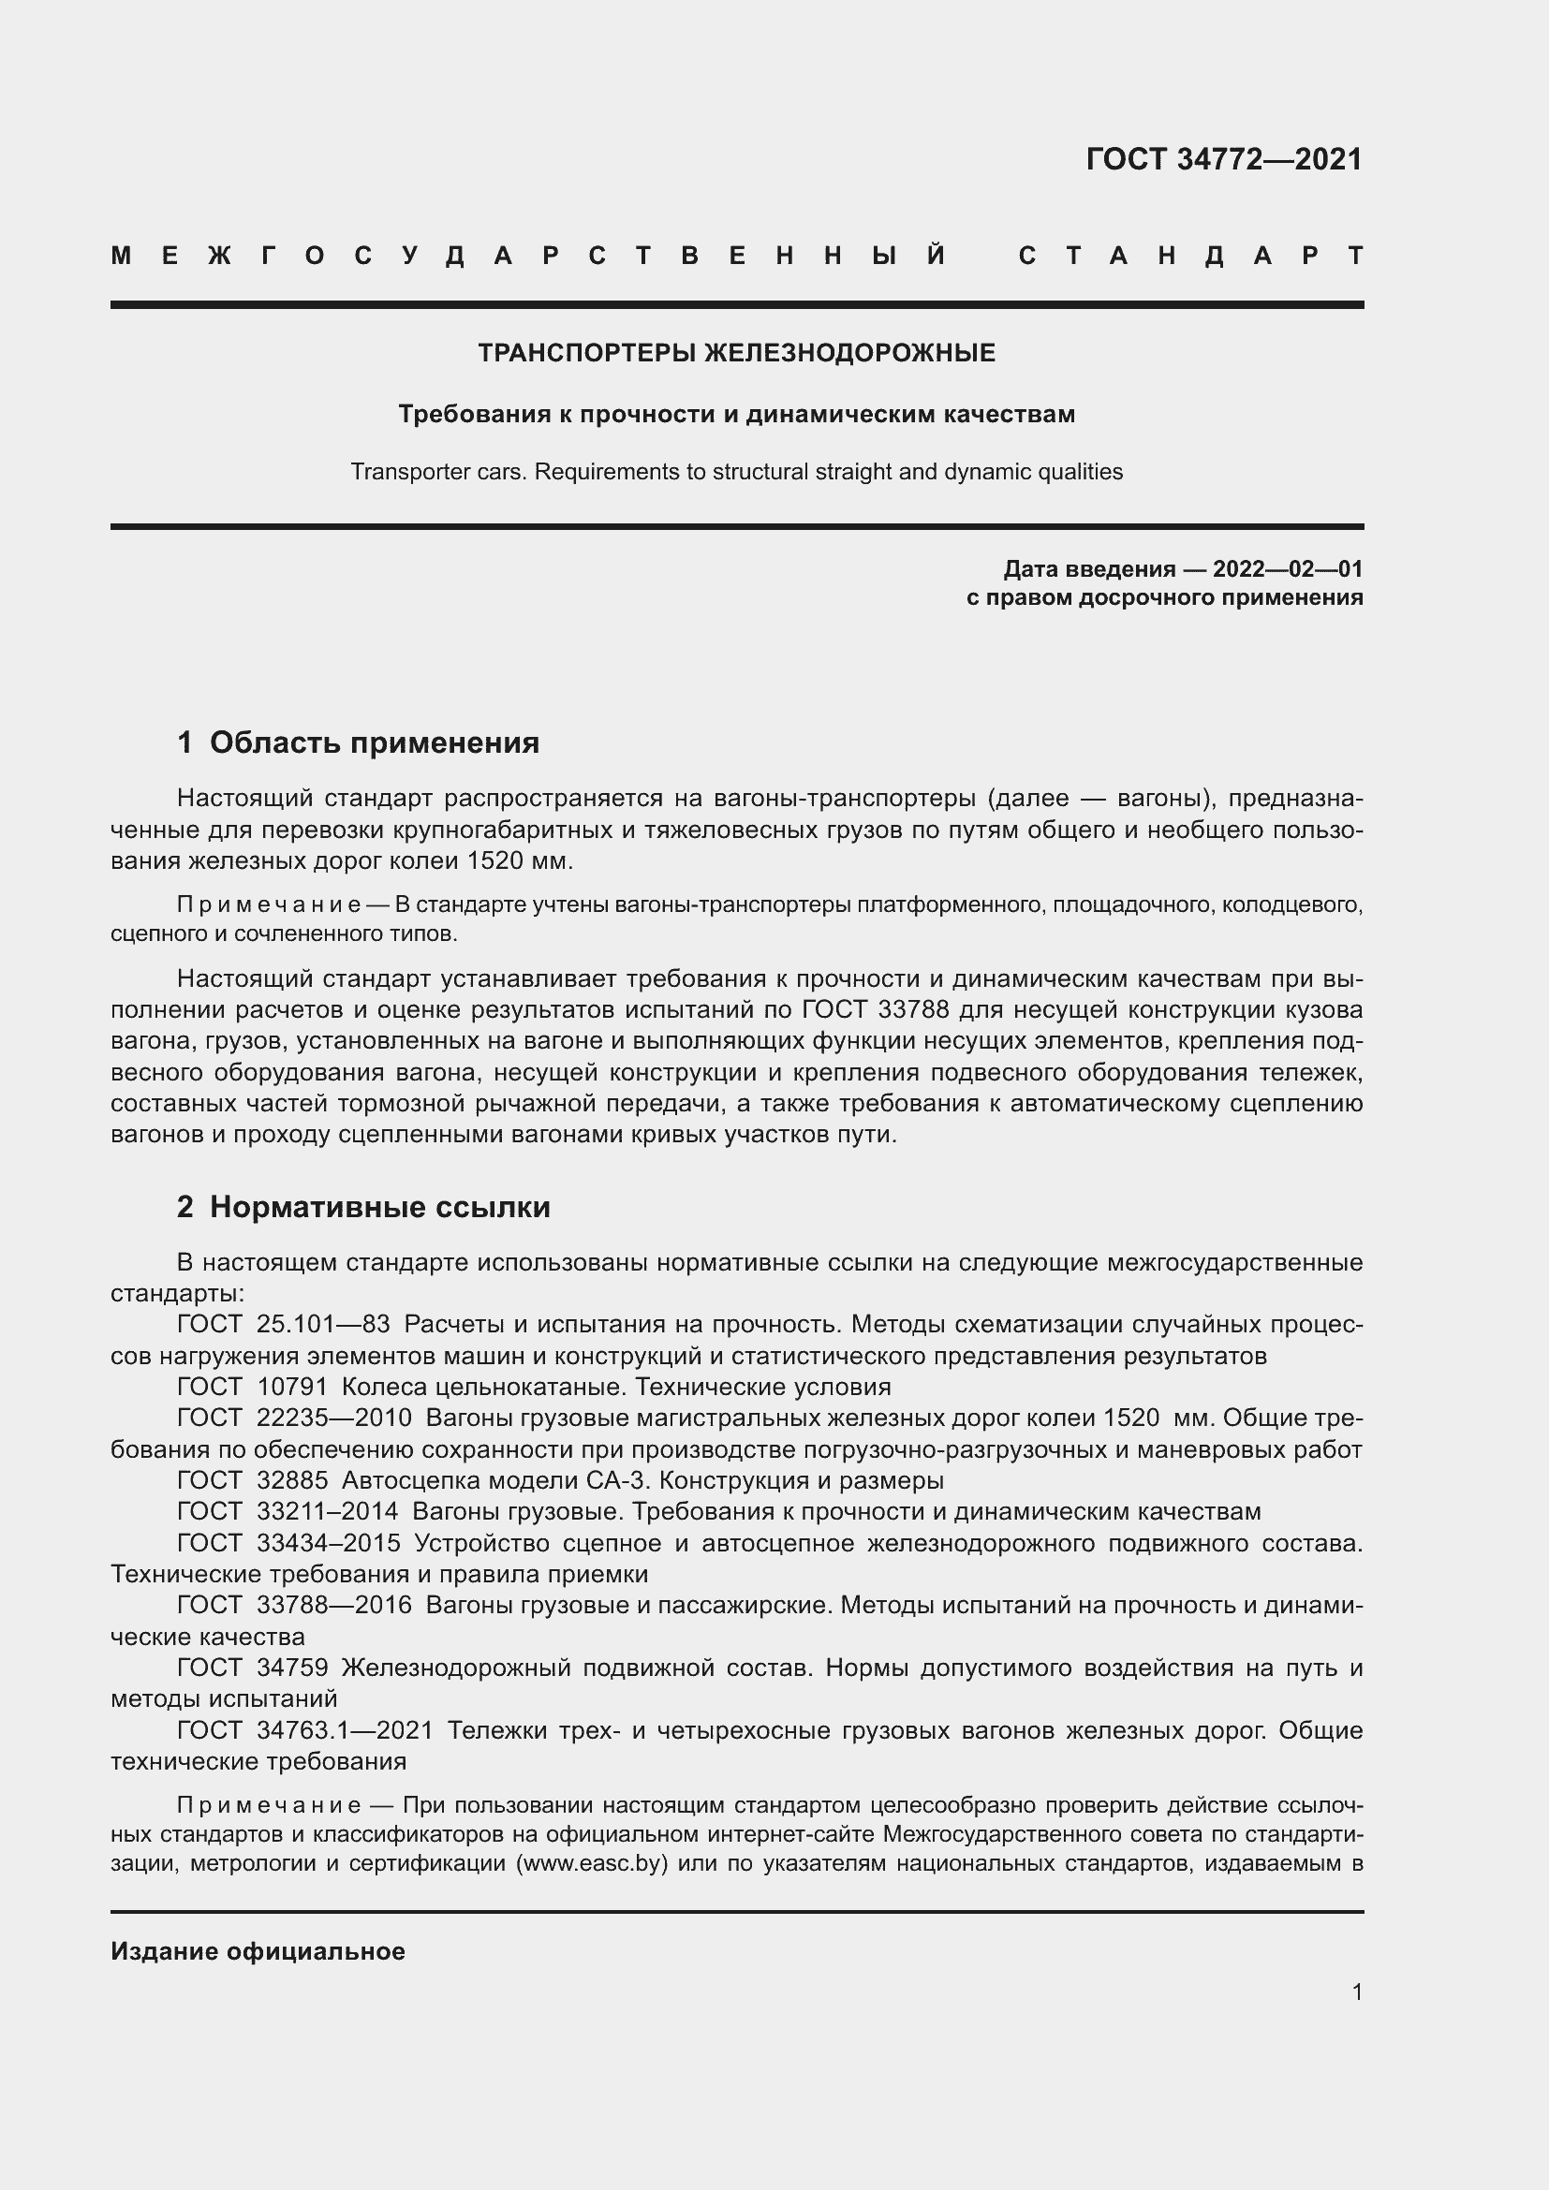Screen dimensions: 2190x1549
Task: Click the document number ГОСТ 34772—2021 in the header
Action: coord(1224,159)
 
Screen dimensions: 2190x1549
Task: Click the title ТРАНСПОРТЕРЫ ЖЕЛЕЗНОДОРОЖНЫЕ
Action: coord(736,353)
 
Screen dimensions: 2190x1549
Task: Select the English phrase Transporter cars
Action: coord(437,472)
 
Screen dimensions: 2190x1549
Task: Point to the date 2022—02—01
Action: coord(1288,569)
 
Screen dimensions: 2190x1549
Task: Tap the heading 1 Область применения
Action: coord(358,742)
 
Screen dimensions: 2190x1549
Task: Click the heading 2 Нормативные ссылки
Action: coord(363,1208)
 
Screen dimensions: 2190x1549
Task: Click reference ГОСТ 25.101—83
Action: coord(283,1325)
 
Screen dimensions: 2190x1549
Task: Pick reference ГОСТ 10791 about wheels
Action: coord(252,1387)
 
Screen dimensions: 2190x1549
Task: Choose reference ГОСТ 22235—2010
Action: coord(294,1418)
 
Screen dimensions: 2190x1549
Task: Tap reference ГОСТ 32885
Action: coord(252,1480)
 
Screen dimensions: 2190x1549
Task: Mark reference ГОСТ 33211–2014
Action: coord(288,1512)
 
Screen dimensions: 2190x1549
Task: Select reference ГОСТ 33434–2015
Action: coord(288,1543)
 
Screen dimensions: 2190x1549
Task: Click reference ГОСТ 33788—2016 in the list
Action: coord(294,1606)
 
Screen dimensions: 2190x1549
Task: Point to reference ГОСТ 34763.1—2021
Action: coord(305,1730)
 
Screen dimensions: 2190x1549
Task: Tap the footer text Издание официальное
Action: coord(258,1951)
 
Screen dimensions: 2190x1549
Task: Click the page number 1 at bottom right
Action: coord(1357,1992)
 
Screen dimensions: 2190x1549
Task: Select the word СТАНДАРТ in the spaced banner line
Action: coord(1191,256)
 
